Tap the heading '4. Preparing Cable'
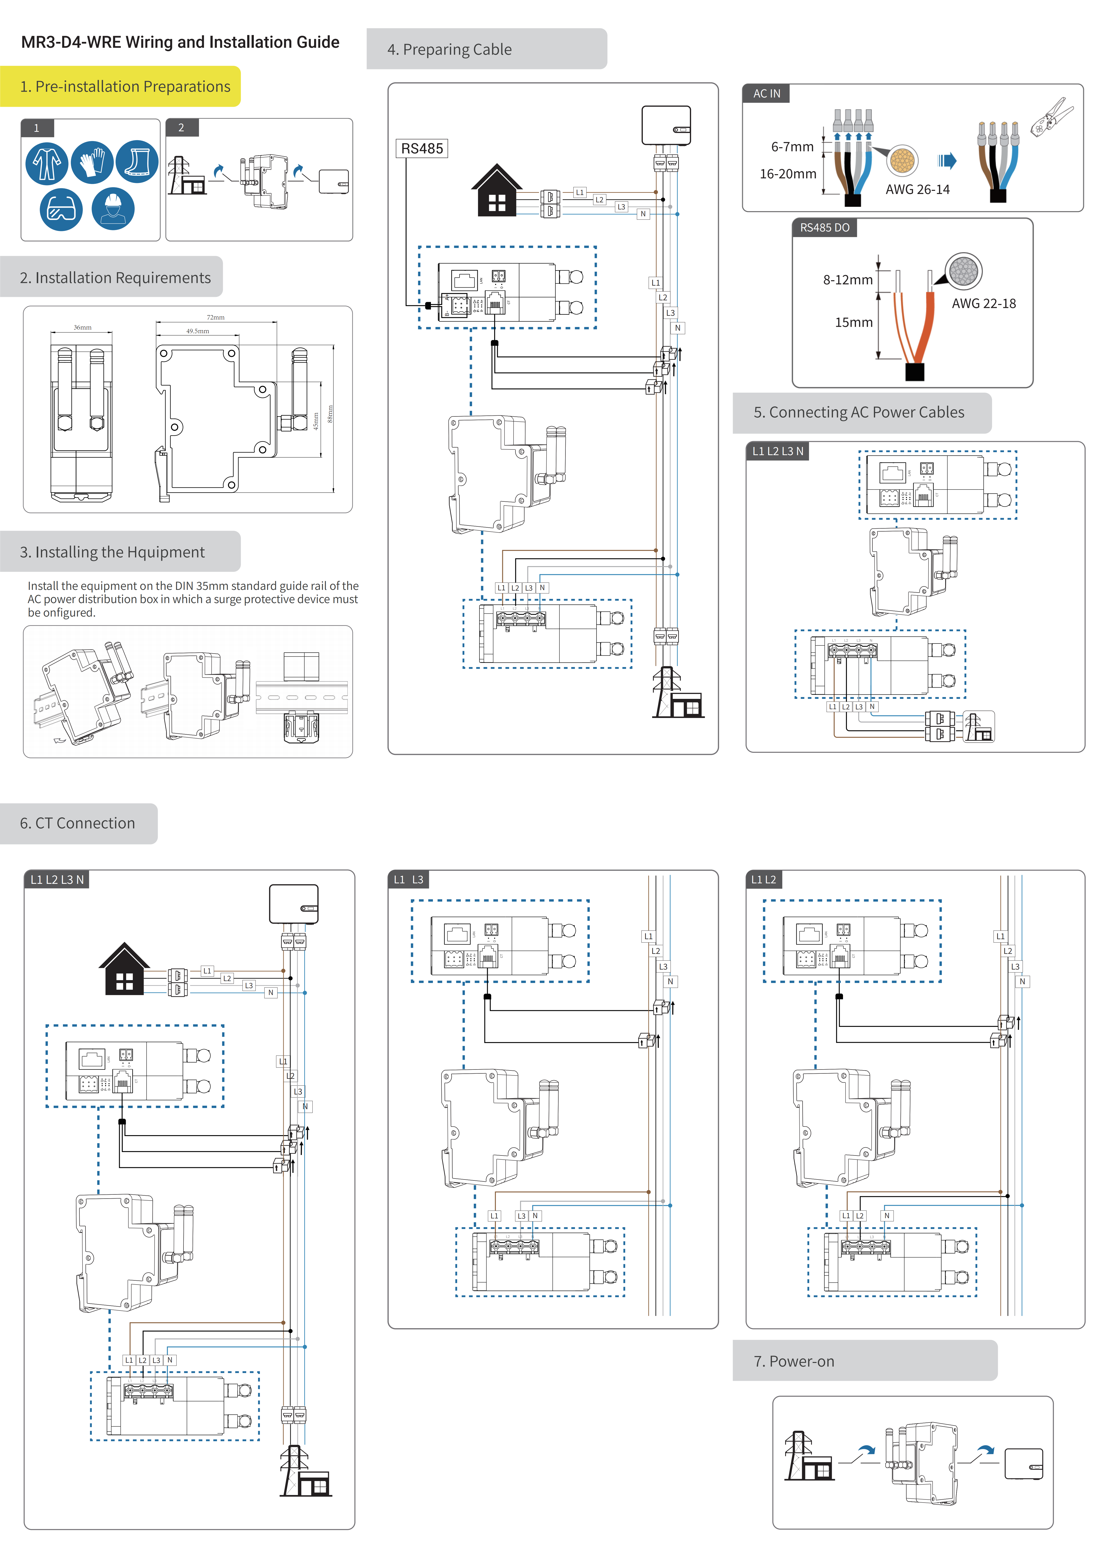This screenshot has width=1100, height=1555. pyautogui.click(x=450, y=49)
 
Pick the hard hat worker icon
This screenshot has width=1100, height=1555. pyautogui.click(x=113, y=209)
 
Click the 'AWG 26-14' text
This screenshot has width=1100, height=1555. pyautogui.click(x=917, y=190)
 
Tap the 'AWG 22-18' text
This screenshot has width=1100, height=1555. pyautogui.click(x=983, y=304)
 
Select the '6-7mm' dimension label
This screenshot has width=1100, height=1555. pyautogui.click(x=792, y=147)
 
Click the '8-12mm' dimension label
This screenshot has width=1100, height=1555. pyautogui.click(x=847, y=280)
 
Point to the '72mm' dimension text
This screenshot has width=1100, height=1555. pyautogui.click(x=215, y=317)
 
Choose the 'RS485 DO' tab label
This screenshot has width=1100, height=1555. pyautogui.click(x=824, y=228)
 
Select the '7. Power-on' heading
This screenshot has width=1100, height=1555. pyautogui.click(x=794, y=1361)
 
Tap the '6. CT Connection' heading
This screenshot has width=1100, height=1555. pyautogui.click(x=77, y=823)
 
